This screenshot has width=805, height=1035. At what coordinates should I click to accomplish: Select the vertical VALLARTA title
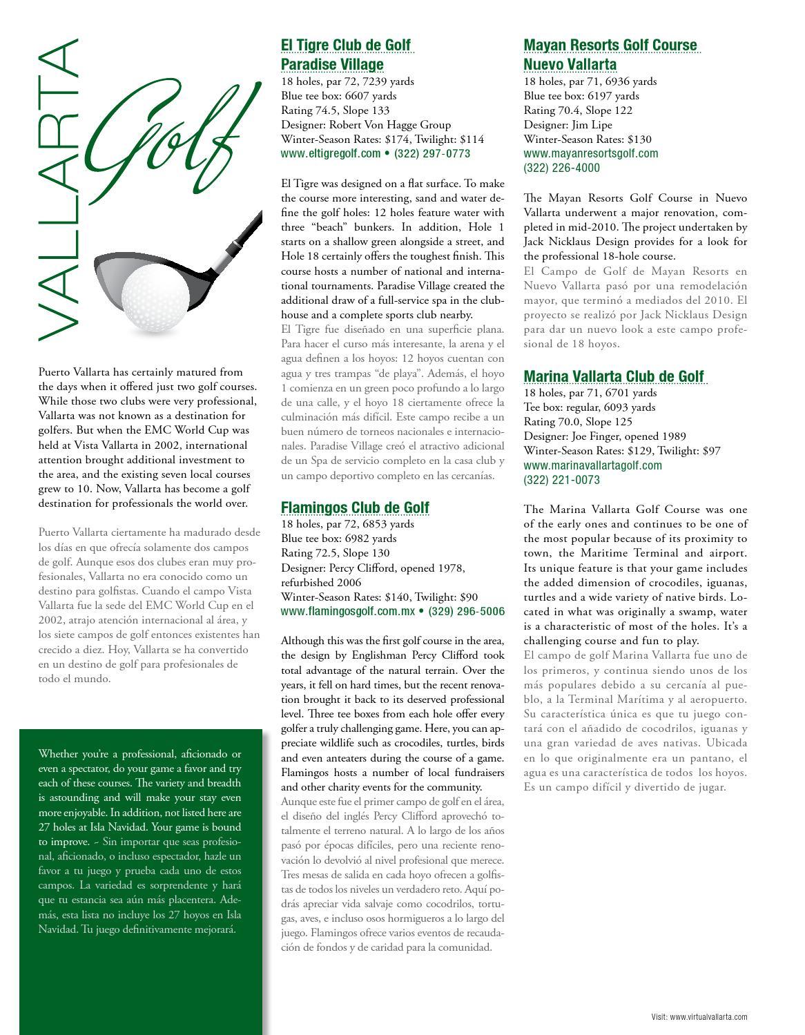click(58, 190)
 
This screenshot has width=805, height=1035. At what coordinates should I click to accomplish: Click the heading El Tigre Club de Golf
click(345, 46)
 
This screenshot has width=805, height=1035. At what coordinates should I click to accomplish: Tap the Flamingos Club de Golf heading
click(355, 508)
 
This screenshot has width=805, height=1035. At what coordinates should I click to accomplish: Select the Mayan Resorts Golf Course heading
click(610, 46)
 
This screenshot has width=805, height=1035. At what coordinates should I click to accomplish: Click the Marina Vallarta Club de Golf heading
click(614, 376)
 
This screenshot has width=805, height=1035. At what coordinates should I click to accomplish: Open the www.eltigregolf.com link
click(331, 154)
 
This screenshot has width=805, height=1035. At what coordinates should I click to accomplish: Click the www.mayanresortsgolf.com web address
click(590, 154)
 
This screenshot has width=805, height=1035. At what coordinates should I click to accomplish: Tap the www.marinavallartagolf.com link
click(592, 465)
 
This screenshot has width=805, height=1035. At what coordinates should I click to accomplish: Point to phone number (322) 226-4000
click(561, 168)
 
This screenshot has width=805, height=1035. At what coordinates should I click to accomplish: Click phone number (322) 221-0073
click(561, 480)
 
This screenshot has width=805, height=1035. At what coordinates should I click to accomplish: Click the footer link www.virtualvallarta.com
click(708, 1016)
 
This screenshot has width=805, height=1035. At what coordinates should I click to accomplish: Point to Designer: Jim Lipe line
click(568, 125)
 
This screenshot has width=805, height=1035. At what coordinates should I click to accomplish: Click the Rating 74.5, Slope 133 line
click(335, 110)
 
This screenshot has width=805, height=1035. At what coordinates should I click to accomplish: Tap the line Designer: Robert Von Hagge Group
click(366, 125)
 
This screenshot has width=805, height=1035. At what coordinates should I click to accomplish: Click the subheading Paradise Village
click(332, 65)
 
